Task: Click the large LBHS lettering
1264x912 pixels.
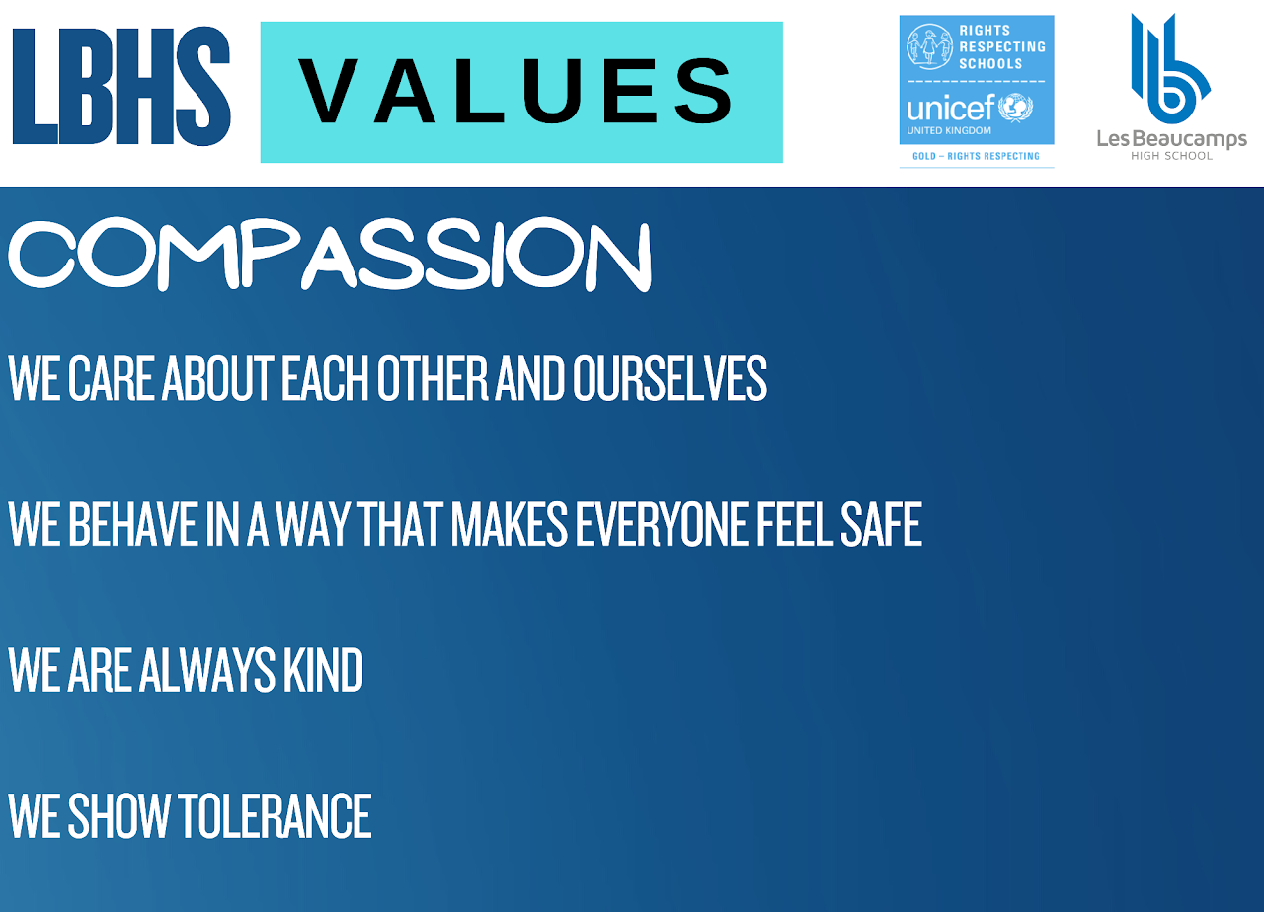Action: [x=121, y=86]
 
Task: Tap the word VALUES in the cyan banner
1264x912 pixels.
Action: [x=515, y=91]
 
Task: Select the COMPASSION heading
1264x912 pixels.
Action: [x=330, y=255]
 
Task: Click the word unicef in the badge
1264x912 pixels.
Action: [x=950, y=108]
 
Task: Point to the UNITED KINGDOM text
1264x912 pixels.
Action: [x=949, y=131]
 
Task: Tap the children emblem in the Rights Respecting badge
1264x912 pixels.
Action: [x=929, y=46]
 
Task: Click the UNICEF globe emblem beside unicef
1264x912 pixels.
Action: [x=1016, y=108]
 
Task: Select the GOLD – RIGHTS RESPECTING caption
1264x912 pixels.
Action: [x=976, y=156]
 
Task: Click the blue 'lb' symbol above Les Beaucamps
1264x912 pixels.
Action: [x=1171, y=68]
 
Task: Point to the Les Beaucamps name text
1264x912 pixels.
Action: [x=1171, y=139]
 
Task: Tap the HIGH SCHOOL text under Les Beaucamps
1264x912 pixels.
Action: [x=1171, y=156]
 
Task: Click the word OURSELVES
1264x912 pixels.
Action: [x=670, y=378]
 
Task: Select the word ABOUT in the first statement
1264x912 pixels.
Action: [x=218, y=378]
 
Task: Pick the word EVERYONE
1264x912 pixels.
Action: [x=661, y=524]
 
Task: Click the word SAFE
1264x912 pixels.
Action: [x=881, y=524]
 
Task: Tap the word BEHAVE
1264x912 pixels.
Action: [x=133, y=524]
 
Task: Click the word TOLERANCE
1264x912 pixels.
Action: [x=275, y=815]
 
